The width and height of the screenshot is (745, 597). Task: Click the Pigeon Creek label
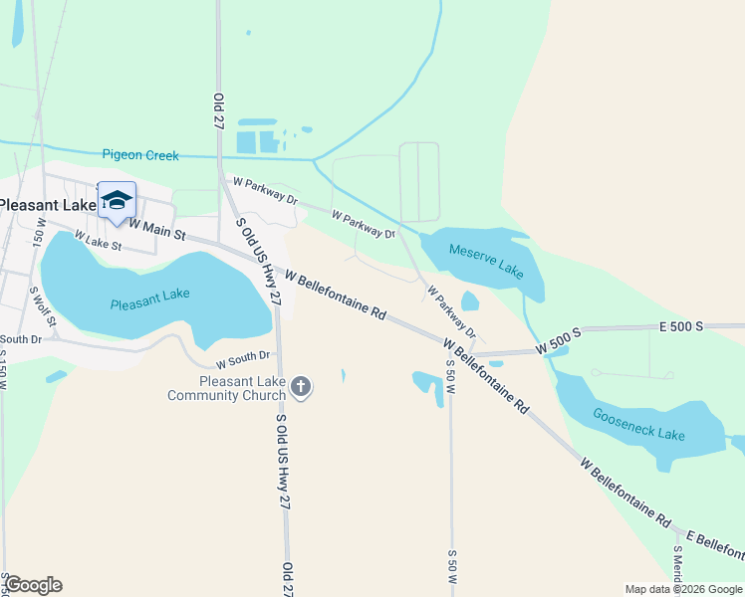click(140, 155)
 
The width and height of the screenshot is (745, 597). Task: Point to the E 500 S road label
click(681, 326)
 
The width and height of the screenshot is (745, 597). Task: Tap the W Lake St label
click(97, 242)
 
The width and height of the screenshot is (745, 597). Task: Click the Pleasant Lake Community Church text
click(240, 388)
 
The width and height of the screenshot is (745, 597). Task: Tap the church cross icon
click(302, 386)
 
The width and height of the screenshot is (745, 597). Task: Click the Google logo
click(33, 585)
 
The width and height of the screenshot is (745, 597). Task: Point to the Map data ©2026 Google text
click(682, 589)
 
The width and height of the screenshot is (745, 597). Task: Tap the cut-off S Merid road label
click(677, 569)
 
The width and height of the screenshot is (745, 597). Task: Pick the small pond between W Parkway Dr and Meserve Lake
click(470, 300)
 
